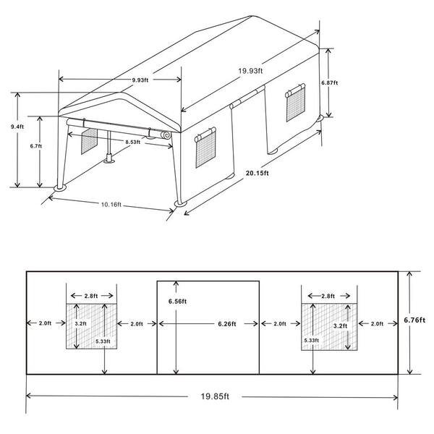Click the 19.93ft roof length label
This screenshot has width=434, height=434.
250,71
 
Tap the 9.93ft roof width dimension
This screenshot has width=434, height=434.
140,80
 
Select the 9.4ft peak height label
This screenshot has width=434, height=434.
17,127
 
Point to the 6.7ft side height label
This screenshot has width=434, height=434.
36,146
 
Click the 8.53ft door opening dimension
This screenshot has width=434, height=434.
133,142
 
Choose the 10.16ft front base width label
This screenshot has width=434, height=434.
111,205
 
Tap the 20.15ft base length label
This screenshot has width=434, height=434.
258,174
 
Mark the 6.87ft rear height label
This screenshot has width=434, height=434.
330,82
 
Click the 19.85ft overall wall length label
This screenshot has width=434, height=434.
215,396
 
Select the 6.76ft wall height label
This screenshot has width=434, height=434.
414,320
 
